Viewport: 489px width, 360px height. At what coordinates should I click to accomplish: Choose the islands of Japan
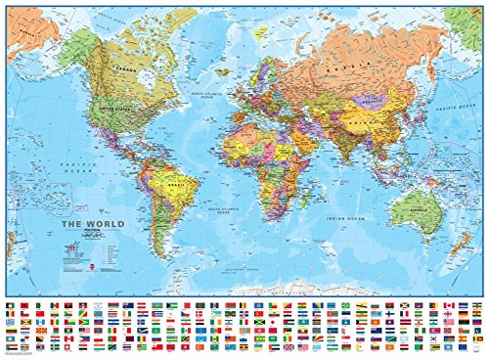413,110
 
